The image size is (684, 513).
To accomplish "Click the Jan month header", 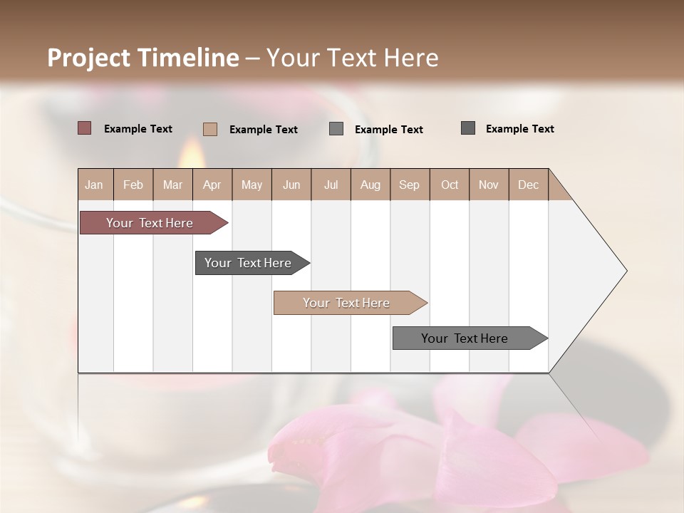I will [x=94, y=185].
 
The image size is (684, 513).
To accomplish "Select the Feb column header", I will [x=133, y=185].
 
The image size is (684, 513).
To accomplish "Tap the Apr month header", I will [x=212, y=185].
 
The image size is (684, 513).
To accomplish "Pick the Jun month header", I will [x=291, y=185].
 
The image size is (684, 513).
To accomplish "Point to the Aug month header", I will [x=370, y=185].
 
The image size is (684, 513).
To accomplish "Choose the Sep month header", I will [x=410, y=185].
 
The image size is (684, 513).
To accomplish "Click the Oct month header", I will [x=450, y=185].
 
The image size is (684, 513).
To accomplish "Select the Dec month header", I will [x=529, y=185].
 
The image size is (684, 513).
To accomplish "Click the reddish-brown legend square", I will [x=84, y=128].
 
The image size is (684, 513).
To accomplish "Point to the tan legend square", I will [x=210, y=129].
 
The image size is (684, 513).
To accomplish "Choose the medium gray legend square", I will [x=336, y=129].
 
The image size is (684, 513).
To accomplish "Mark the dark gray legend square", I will [x=468, y=128].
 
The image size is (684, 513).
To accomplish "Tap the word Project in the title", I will [x=88, y=58].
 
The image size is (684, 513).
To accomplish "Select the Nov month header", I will [x=489, y=185].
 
